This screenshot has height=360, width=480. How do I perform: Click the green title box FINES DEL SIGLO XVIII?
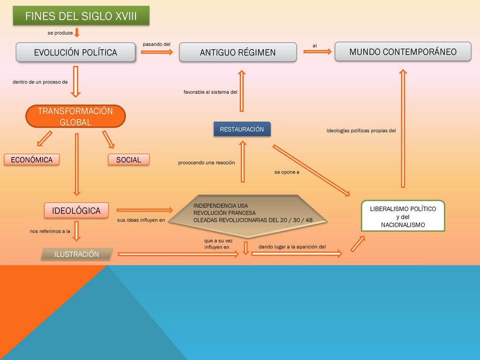pos(81,15)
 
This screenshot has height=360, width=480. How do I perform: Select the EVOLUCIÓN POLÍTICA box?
pos(75,52)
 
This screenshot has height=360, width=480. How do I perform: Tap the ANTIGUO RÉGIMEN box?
pos(238,52)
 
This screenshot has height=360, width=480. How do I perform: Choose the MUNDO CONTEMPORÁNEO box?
pos(403,52)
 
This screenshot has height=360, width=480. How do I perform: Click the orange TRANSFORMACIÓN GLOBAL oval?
pos(75,116)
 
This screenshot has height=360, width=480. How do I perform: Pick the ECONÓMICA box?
pos(32,160)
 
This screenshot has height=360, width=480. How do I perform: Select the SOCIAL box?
pos(128,160)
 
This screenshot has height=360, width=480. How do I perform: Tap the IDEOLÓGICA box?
pos(76,210)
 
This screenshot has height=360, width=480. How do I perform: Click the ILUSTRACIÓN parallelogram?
pos(77,254)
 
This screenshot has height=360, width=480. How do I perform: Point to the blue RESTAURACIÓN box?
pos(242,129)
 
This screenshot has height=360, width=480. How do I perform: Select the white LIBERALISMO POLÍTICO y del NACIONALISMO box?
pos(403,216)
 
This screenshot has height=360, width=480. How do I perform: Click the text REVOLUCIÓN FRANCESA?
pos(225,213)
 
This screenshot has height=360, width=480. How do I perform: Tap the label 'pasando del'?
pos(157,44)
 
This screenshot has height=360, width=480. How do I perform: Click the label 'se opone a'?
pos(287,172)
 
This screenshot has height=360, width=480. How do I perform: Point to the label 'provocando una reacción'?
pos(207,163)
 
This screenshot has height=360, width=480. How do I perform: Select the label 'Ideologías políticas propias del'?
pos(361,131)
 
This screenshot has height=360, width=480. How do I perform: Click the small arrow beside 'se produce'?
pos(77,32)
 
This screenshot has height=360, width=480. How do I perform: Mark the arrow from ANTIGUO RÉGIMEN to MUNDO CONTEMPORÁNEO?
pos(317,52)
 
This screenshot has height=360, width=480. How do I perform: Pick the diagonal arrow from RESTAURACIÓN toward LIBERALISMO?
pos(311,171)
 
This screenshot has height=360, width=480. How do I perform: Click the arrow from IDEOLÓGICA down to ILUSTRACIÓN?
pos(76,231)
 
